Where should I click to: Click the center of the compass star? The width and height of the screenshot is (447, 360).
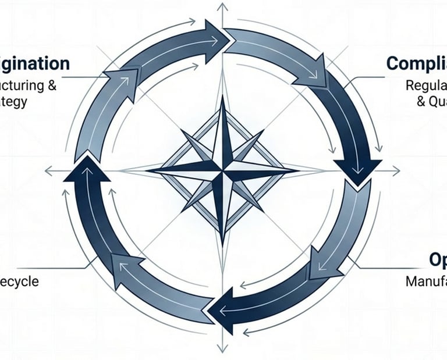(x=222, y=170)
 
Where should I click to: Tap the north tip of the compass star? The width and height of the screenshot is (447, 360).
(x=222, y=98)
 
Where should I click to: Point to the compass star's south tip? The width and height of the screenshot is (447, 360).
(x=222, y=243)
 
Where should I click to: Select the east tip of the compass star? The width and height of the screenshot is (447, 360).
(x=295, y=171)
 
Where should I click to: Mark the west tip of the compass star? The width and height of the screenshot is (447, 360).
(x=148, y=170)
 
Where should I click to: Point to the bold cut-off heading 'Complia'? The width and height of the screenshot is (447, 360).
(x=416, y=63)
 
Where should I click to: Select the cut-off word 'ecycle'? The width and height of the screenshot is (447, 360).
(x=19, y=281)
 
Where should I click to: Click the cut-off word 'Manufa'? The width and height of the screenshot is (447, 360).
(x=425, y=281)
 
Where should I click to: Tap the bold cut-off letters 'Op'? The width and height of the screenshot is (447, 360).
(x=438, y=259)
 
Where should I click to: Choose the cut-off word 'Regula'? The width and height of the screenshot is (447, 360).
(x=426, y=85)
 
